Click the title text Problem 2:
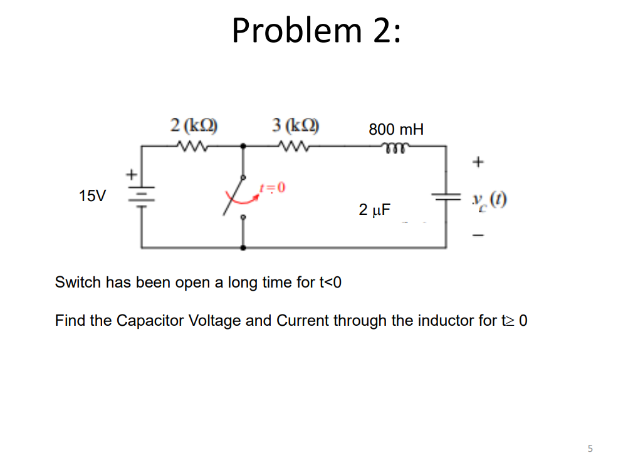pyautogui.click(x=315, y=30)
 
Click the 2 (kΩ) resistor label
pyautogui.click(x=194, y=124)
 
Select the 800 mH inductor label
pyautogui.click(x=396, y=130)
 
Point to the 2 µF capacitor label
pyautogui.click(x=374, y=209)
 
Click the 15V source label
pyautogui.click(x=93, y=196)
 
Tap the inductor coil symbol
pyautogui.click(x=396, y=147)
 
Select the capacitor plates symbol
pyautogui.click(x=446, y=196)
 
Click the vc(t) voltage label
pyautogui.click(x=490, y=201)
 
